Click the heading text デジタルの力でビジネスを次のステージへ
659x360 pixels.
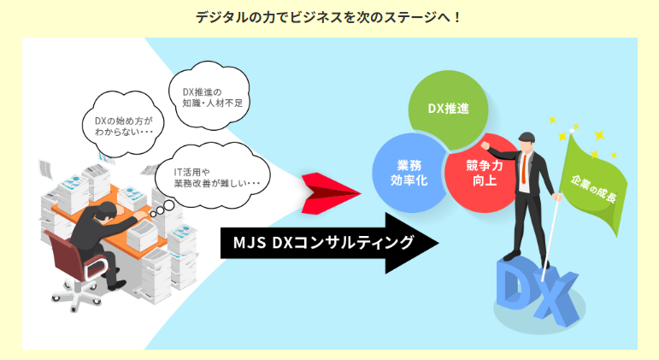click(x=329, y=16)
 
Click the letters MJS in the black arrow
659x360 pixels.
click(x=249, y=243)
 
